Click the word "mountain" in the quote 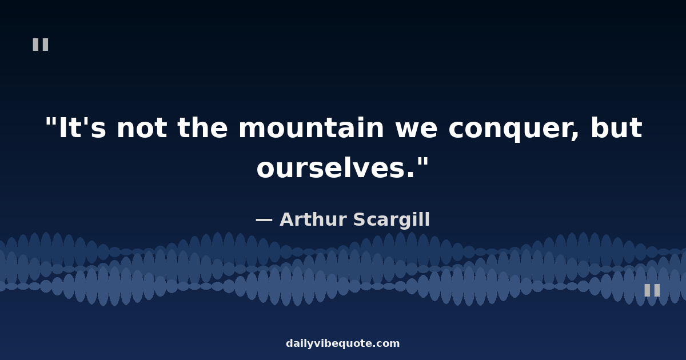pyautogui.click(x=311, y=127)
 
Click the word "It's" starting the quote pyautogui.click(x=82, y=127)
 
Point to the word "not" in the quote pyautogui.click(x=142, y=129)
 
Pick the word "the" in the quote pyautogui.click(x=202, y=127)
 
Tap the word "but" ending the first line pyautogui.click(x=616, y=127)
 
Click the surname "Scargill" pyautogui.click(x=392, y=221)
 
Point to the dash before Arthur pyautogui.click(x=264, y=221)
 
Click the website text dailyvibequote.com pyautogui.click(x=342, y=343)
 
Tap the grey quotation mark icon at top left pyautogui.click(x=41, y=45)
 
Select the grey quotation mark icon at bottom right pyautogui.click(x=652, y=290)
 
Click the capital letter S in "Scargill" pyautogui.click(x=360, y=219)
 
